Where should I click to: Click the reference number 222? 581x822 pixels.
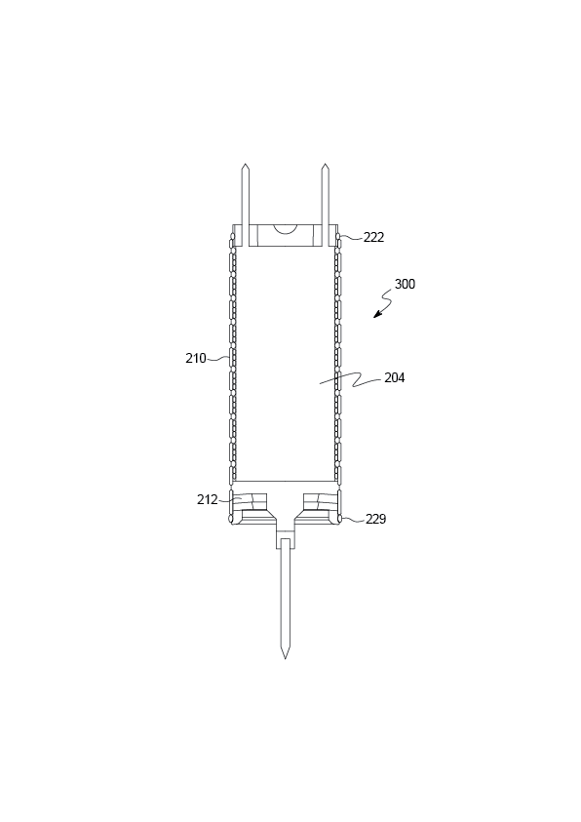point(373,238)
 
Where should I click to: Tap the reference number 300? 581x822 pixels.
point(405,284)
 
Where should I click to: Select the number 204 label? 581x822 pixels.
point(395,378)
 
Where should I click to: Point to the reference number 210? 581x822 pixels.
point(195,359)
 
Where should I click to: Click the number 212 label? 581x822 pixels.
point(207,500)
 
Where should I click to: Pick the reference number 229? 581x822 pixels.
point(375,519)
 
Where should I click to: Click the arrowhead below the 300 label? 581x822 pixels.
point(376,315)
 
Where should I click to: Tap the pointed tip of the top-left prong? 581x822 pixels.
point(245,164)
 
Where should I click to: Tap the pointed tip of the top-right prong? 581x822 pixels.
point(326,164)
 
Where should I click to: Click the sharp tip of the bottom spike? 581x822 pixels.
point(285,658)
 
